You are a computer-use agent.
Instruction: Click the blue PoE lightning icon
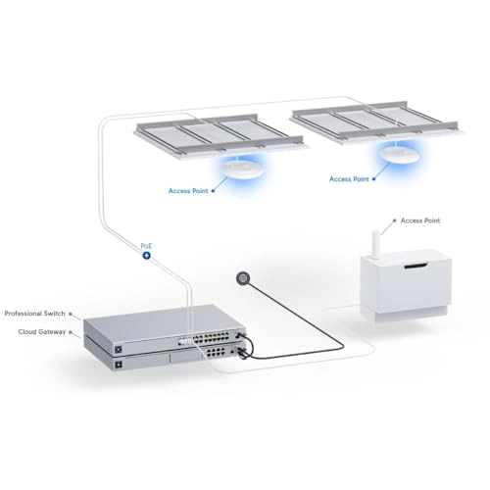147,255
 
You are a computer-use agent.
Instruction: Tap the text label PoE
146,246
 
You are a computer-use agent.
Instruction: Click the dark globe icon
243,278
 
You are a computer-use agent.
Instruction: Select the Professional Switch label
35,314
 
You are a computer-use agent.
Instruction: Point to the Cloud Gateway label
42,332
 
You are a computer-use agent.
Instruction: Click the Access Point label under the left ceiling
188,191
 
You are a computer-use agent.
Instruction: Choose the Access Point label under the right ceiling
349,179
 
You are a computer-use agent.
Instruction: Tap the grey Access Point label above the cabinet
420,220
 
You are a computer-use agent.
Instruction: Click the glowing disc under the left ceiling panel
242,170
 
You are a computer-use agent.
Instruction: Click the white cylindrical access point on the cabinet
376,244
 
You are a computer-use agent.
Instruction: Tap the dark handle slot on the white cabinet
416,266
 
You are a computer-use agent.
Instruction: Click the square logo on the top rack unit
119,349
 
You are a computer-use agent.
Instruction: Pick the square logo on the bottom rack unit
119,364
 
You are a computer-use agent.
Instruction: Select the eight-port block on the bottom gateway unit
216,352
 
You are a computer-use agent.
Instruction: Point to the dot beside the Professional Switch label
71,314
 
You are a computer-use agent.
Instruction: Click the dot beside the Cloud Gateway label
71,332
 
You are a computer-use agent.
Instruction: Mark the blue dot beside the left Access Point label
213,191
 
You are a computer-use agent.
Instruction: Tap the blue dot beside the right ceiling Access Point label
373,179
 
